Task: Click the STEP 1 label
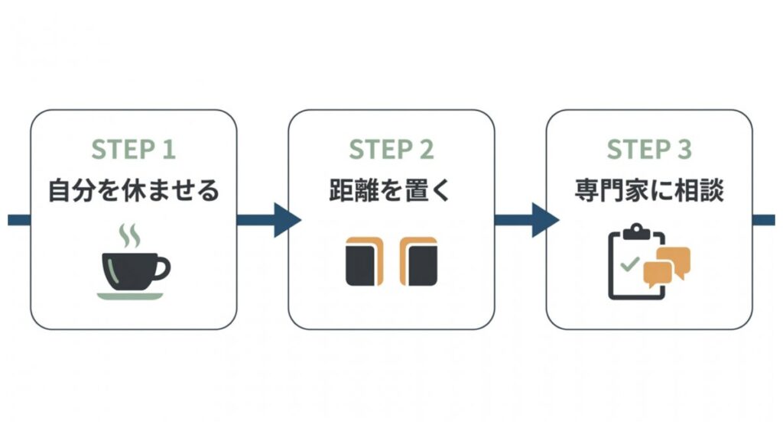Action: tap(133, 150)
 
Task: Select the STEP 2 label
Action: tap(391, 150)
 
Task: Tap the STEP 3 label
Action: tap(648, 150)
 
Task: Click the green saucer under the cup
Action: tap(130, 295)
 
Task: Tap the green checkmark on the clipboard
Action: tap(629, 265)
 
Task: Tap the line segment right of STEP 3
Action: tap(764, 220)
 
